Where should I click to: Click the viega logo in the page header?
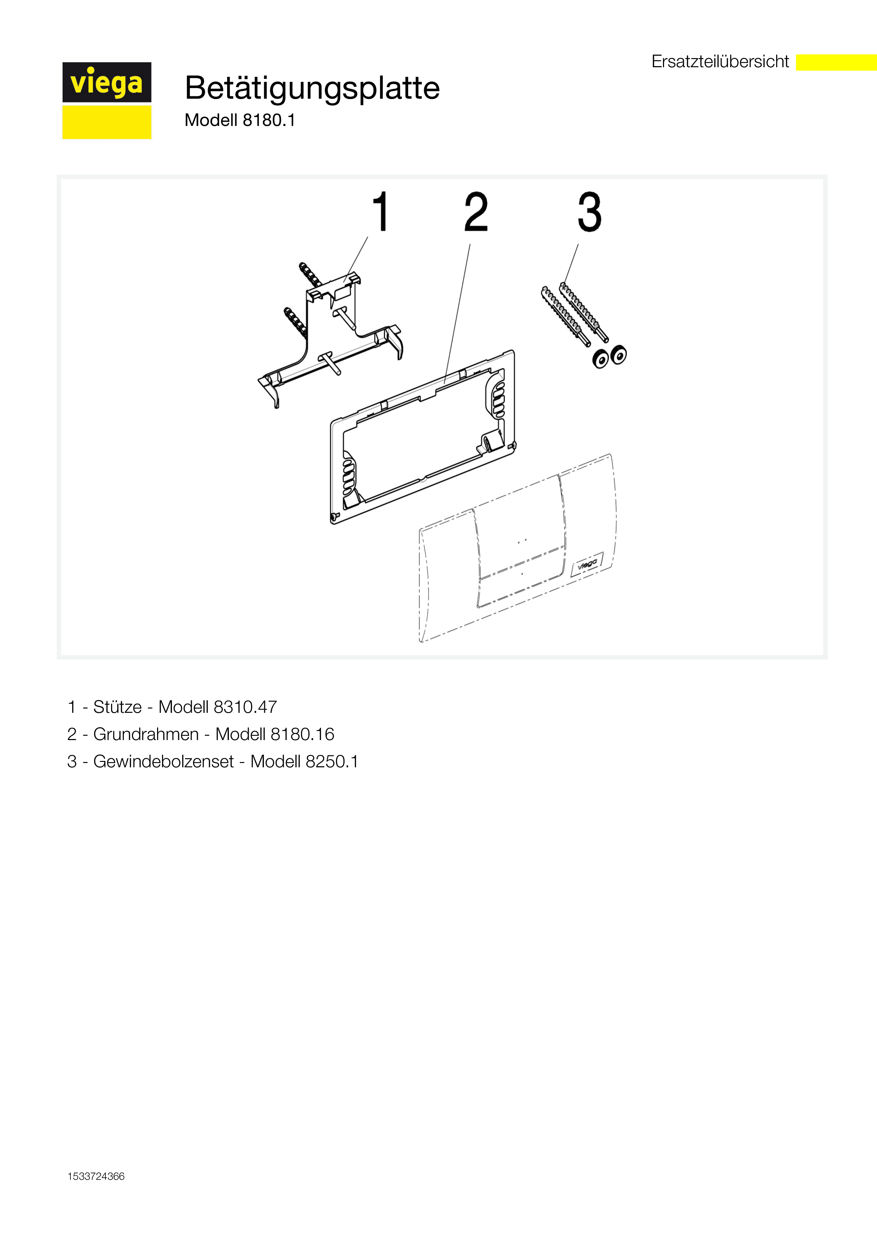[x=106, y=100]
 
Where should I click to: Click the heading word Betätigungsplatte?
[x=312, y=88]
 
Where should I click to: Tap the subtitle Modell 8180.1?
[x=240, y=120]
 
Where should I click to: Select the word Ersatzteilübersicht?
[x=720, y=62]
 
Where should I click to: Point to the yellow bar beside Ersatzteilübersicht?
[x=836, y=62]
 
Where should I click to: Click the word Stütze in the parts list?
[x=117, y=707]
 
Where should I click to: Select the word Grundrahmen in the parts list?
[x=146, y=734]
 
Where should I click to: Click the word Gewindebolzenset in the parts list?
[x=163, y=762]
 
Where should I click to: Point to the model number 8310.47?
[x=245, y=707]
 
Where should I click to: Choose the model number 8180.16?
[x=302, y=734]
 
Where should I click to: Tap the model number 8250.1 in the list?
[x=331, y=762]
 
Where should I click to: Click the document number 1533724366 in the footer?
[x=96, y=1177]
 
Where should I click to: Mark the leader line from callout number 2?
[x=457, y=313]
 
